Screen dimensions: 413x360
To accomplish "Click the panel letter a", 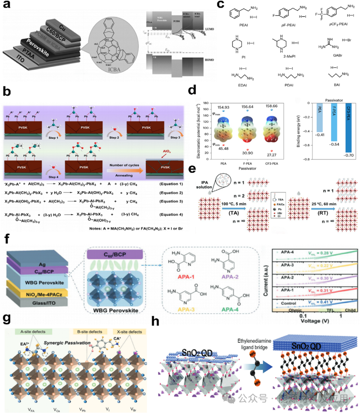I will (7, 6).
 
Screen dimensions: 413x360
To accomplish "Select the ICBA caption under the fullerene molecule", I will (114, 70).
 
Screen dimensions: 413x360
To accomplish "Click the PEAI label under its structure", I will (243, 25).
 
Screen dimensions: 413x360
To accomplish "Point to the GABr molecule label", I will (337, 55).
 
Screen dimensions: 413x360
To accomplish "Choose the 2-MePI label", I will (289, 56).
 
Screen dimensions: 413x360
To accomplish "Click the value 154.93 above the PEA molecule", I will (223, 107).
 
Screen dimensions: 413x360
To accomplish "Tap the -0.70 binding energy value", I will (349, 155).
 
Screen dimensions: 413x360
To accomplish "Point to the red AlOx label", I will (166, 151).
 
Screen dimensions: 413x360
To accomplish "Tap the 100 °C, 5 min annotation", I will (234, 204).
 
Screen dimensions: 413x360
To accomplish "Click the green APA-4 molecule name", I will (230, 309).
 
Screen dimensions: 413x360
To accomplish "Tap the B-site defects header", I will (90, 332).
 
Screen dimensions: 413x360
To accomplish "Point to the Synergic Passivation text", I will (67, 343).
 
